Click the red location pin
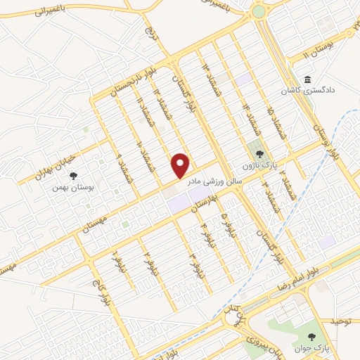pos(181,166)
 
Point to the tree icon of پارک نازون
pos(258,153)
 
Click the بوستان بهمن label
pos(77,187)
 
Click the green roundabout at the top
pos(259,11)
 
